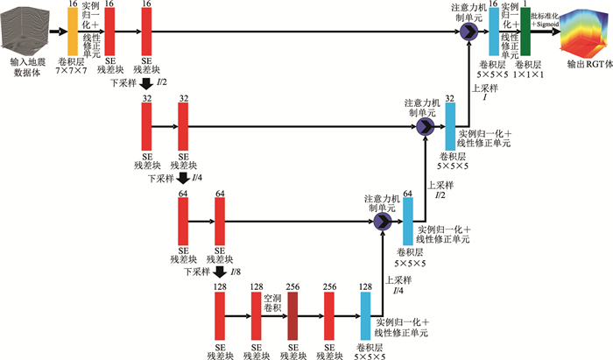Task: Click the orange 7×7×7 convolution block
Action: (x=73, y=32)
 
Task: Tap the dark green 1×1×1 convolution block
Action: (x=525, y=32)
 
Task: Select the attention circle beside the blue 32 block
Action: (x=426, y=126)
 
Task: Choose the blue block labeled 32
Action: (x=450, y=126)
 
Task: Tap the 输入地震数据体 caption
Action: (x=28, y=69)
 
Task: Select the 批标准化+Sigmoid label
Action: (x=549, y=20)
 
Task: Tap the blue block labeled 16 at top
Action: (x=493, y=32)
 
